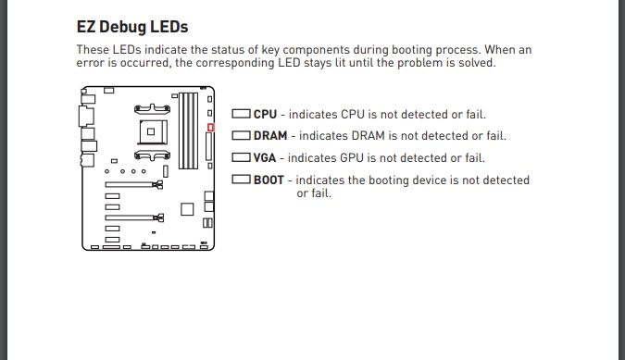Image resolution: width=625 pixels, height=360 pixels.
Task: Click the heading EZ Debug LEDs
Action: point(131,27)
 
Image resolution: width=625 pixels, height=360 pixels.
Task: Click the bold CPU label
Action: point(265,114)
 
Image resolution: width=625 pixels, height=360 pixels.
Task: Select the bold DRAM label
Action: point(270,136)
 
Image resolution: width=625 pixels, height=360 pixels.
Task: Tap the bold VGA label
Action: point(265,157)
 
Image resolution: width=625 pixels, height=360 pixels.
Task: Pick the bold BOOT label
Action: point(269,180)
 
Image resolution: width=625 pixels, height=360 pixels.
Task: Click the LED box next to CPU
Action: point(241,114)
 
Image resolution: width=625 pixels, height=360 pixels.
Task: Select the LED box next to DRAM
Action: point(241,135)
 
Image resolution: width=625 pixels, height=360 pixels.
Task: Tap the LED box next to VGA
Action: point(241,157)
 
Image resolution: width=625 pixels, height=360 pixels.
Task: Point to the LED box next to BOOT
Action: point(241,180)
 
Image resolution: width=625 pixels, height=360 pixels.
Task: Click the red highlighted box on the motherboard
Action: point(210,128)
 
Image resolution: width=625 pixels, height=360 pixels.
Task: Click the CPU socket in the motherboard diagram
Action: point(153,131)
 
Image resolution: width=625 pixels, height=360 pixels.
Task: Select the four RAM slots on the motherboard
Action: point(189,130)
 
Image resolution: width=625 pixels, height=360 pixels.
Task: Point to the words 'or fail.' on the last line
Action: point(314,193)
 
